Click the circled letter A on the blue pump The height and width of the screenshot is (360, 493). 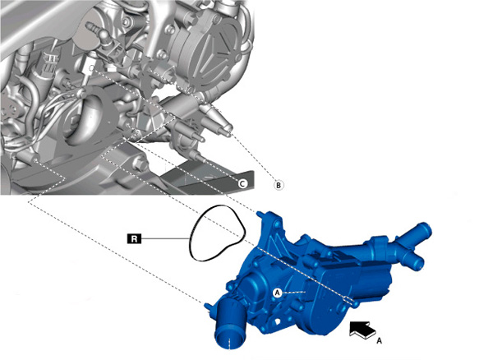coord(278,293)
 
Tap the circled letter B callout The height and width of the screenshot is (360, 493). coord(279,185)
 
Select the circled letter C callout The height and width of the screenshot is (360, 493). coord(242,183)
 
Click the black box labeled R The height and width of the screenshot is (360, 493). coord(134,238)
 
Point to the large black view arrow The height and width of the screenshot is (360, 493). coord(362,330)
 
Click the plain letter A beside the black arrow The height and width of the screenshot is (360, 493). coord(379,341)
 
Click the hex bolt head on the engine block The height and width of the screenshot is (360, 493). coord(140,164)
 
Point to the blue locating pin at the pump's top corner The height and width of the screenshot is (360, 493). coord(260,214)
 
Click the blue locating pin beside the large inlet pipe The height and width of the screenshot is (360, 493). coord(208,305)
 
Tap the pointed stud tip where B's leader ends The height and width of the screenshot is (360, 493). coord(230,127)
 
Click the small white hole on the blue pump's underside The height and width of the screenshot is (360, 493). coord(279,321)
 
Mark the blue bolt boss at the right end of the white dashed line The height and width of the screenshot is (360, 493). coord(355,303)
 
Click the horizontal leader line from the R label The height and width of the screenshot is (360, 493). coord(165,238)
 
